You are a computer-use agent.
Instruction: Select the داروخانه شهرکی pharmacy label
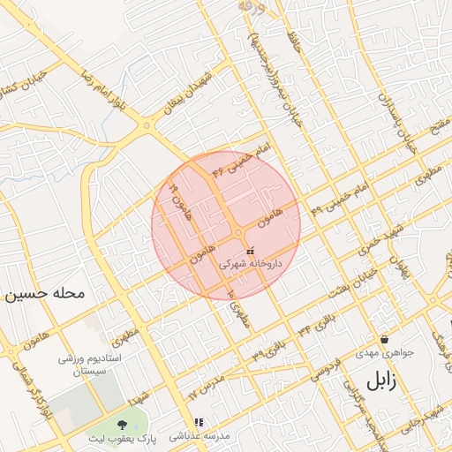click(x=250, y=263)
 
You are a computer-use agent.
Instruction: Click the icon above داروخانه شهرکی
click(x=250, y=251)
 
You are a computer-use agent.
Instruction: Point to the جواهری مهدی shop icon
click(x=384, y=340)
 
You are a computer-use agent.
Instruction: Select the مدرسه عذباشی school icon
click(x=199, y=423)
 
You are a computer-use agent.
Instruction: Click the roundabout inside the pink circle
click(x=239, y=232)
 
